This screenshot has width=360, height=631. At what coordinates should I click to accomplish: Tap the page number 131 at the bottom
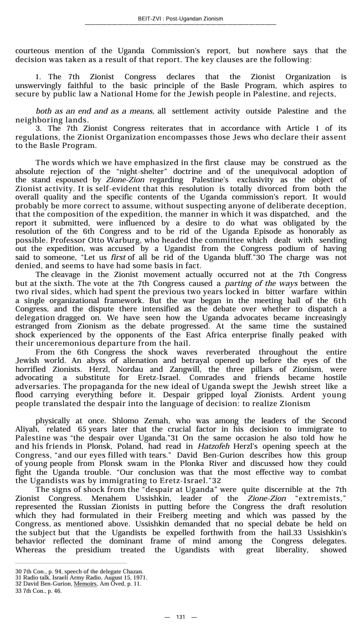pos(181,617)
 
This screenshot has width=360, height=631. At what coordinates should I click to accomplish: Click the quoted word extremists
pos(325,499)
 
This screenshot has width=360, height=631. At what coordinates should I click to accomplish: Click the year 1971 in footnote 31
pos(140,577)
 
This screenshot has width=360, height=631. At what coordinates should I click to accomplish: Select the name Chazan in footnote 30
pos(133,571)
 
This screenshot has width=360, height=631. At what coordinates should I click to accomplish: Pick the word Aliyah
pos(27,429)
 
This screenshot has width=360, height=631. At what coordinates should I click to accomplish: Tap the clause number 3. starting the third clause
pos(38,128)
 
